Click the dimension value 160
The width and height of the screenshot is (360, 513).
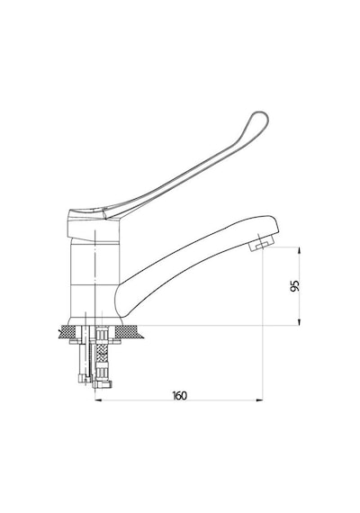coord(180,395)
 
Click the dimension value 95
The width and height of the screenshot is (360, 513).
coord(294,285)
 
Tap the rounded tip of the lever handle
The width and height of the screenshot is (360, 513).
coord(260,120)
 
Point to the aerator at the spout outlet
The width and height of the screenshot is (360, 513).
coord(262,244)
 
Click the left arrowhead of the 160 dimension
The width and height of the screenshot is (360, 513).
coord(98,400)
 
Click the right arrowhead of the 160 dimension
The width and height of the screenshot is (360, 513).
coord(259,400)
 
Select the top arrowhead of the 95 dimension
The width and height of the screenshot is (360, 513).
coord(299,251)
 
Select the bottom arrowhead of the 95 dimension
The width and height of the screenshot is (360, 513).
coord(299,321)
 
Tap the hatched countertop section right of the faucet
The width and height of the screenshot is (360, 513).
coord(130,332)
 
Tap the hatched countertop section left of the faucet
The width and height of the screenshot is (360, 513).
coord(67,332)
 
